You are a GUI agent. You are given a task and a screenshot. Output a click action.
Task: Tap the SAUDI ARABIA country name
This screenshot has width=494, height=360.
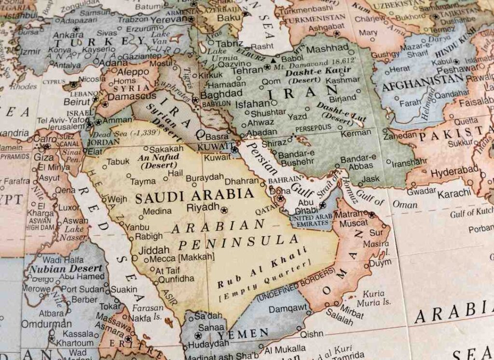point(194,195)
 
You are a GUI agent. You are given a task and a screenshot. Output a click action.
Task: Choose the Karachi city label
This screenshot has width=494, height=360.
point(454,193)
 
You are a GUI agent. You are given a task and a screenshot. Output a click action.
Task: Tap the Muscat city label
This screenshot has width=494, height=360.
point(354,223)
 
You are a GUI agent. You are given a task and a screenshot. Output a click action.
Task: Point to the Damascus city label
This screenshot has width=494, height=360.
point(132,97)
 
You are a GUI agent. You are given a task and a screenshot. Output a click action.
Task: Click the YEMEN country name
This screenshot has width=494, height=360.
point(243,333)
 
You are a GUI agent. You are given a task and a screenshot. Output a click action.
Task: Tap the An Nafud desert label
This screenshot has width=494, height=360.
point(158,161)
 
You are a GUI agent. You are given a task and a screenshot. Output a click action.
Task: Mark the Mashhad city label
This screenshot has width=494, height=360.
point(327,49)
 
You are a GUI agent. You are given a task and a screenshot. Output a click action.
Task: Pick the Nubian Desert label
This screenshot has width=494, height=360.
point(66,268)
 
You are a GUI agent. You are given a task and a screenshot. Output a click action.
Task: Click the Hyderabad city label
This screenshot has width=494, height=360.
point(454,171)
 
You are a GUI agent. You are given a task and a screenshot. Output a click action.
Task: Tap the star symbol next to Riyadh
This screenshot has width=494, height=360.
point(224,210)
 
